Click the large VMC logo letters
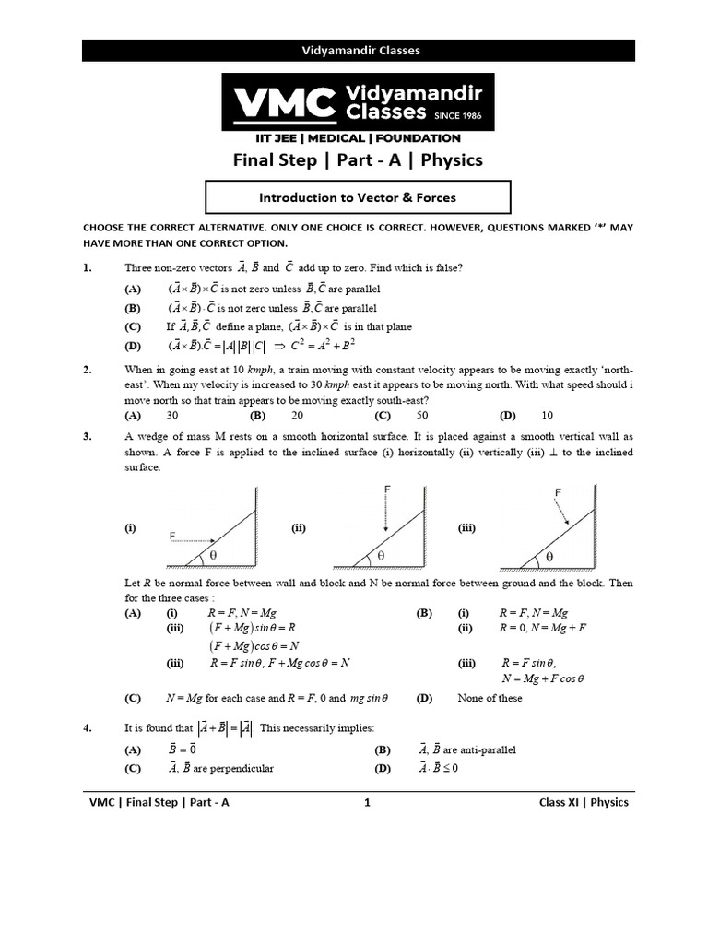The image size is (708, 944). pyautogui.click(x=283, y=103)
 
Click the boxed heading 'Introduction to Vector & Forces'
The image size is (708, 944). pyautogui.click(x=357, y=197)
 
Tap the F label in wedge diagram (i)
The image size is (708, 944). pyautogui.click(x=172, y=535)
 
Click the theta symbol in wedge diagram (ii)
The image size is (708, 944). pyautogui.click(x=380, y=556)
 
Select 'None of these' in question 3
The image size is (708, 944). pyautogui.click(x=490, y=698)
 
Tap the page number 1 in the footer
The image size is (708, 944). pyautogui.click(x=367, y=802)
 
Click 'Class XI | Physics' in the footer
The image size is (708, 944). pyautogui.click(x=584, y=802)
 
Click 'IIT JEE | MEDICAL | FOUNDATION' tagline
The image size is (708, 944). pyautogui.click(x=357, y=138)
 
